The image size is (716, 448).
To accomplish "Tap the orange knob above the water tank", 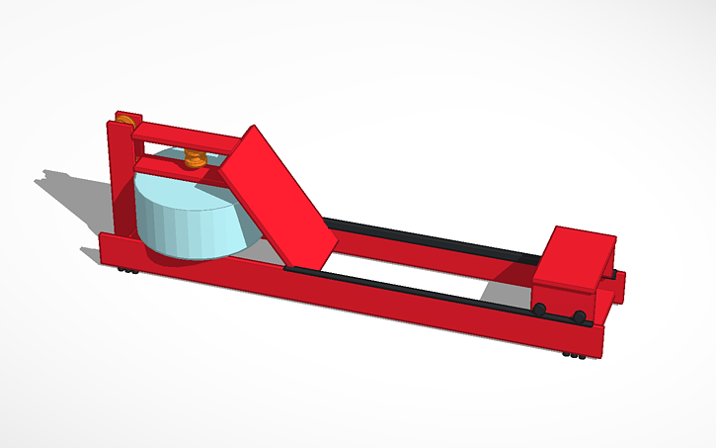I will (x=195, y=157).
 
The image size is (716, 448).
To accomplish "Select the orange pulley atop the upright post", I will (x=124, y=121).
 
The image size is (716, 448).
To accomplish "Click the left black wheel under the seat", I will (x=540, y=310).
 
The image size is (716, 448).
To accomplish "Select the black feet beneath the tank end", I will (x=125, y=269).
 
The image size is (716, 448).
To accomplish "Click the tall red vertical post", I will (x=118, y=178).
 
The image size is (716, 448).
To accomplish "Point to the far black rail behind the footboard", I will (x=425, y=238).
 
